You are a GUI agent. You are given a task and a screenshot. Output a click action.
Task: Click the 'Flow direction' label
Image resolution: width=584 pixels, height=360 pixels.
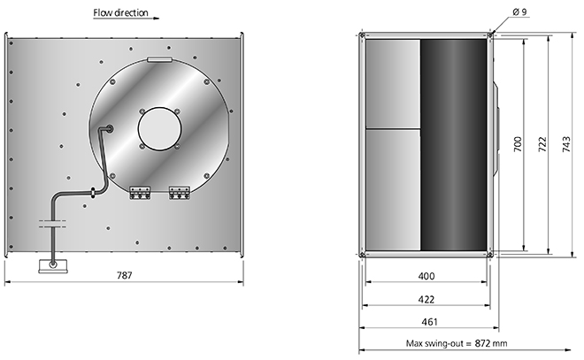coord(120,12)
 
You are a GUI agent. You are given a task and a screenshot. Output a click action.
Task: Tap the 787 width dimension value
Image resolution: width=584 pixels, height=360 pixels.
coord(125,275)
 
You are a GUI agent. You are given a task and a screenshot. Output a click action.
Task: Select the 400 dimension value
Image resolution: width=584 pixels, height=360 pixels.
coord(426,276)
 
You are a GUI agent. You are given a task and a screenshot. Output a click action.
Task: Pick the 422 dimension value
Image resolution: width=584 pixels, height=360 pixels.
coord(426,299)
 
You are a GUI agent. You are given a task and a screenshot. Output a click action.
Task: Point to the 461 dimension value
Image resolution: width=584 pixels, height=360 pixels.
coord(429,322)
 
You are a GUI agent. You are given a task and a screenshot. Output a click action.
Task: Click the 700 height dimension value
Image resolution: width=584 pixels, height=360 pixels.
coord(518,144)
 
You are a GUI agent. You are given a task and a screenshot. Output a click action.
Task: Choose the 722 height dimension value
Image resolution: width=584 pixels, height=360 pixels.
coord(542,144)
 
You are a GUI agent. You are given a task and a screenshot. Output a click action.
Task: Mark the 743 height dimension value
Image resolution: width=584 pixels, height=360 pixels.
coord(565,144)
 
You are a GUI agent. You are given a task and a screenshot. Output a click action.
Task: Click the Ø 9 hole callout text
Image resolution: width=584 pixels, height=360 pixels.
coord(519,11)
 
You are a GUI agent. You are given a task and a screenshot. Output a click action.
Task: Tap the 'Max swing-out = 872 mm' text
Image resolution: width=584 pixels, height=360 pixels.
coord(457,343)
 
